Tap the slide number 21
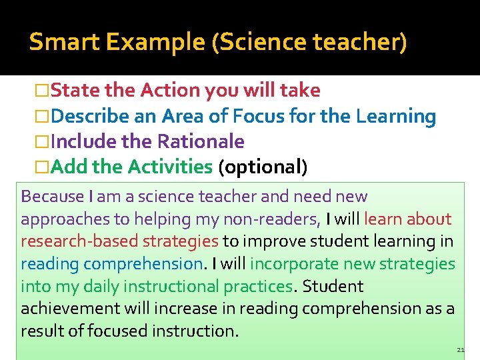(x=461, y=350)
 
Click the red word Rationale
(x=201, y=141)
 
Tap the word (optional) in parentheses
(x=263, y=167)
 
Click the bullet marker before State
(x=42, y=91)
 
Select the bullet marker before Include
(x=42, y=142)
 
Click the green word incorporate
(x=292, y=264)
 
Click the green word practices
(x=256, y=287)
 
